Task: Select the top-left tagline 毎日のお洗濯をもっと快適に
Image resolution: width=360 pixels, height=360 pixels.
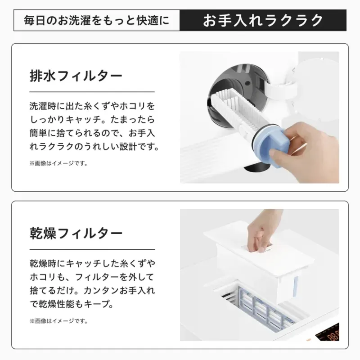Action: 96,20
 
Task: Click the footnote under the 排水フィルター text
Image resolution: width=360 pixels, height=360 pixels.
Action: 58,163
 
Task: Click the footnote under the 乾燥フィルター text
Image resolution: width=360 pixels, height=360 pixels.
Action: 58,321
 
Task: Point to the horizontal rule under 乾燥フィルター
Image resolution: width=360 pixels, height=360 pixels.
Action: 92,249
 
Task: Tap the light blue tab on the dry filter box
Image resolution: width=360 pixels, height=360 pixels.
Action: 295,285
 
